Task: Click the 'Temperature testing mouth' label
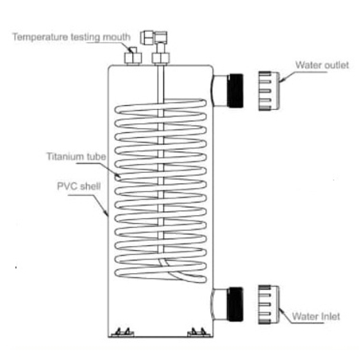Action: point(72,37)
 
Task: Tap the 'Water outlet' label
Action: point(322,65)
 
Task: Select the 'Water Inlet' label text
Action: point(315,316)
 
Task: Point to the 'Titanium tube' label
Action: point(76,156)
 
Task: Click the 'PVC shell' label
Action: point(79,186)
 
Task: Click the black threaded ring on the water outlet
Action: point(236,91)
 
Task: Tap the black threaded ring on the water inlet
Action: point(236,304)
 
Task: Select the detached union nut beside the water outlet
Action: point(268,91)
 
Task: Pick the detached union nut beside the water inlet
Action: point(268,304)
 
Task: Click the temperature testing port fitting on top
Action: point(133,57)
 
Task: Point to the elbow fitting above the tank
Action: point(154,37)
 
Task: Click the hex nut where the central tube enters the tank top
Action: point(161,58)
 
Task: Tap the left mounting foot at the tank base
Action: point(123,332)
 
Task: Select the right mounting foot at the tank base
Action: point(199,332)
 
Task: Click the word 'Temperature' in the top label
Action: point(41,37)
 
